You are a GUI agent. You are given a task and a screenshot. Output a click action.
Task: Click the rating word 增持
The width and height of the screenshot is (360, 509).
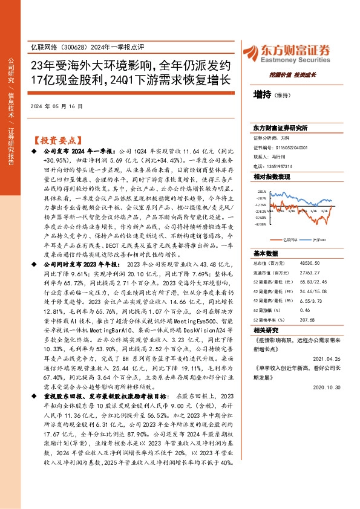click(262, 94)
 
